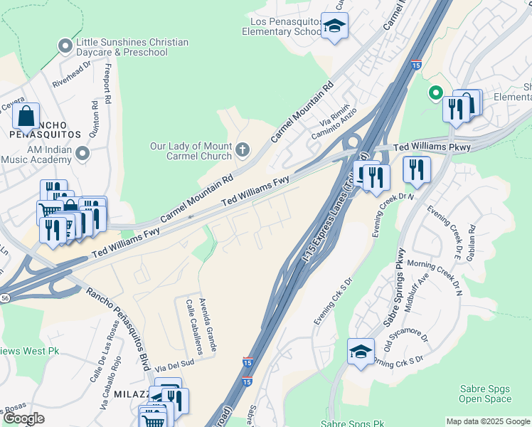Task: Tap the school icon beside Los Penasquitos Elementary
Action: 332,26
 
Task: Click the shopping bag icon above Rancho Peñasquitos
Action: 26,116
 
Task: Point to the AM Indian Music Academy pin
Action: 84,153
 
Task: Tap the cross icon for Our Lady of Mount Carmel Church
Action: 243,149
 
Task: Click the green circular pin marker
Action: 435,93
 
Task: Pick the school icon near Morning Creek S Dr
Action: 361,352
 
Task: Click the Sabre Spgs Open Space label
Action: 485,394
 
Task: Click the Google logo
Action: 23,418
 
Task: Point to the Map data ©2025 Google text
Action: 487,421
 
